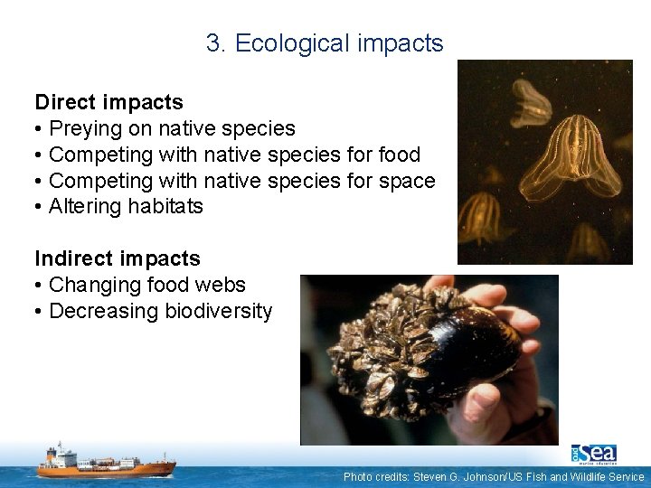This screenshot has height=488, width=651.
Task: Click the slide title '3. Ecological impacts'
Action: [325, 43]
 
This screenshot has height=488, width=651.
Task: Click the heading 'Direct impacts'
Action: [108, 102]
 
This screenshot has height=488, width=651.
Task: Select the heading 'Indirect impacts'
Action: [118, 259]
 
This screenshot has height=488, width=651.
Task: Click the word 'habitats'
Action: [165, 207]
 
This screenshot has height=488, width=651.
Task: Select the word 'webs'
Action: [222, 286]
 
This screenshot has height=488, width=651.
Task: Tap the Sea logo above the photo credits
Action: [593, 453]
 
